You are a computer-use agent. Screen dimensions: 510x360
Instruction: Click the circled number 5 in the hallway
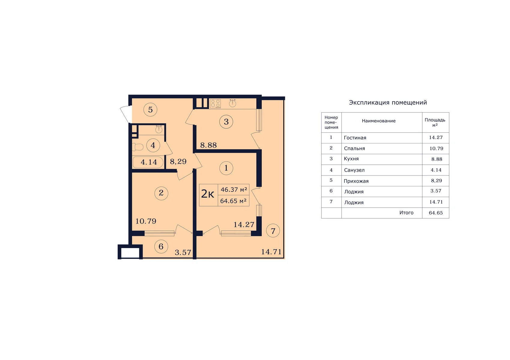[150, 110]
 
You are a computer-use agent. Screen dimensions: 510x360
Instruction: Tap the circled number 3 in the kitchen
[226, 121]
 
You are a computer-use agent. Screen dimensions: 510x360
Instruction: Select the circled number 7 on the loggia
[273, 231]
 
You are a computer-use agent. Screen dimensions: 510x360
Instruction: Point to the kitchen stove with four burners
[215, 103]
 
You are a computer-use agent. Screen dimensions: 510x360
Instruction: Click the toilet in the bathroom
[137, 147]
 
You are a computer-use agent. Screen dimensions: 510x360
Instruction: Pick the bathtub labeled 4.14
[148, 162]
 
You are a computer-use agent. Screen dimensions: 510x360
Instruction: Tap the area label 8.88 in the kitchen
[208, 145]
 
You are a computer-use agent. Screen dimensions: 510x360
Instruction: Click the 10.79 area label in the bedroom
[146, 221]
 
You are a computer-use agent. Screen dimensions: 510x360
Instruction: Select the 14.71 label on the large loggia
[271, 252]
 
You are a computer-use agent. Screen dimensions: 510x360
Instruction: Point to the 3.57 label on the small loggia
[183, 252]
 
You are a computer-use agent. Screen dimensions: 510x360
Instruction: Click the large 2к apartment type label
[208, 194]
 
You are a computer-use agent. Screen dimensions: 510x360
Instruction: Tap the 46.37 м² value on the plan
[234, 190]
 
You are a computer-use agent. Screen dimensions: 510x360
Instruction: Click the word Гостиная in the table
[355, 138]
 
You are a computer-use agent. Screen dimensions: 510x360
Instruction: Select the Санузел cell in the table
[354, 170]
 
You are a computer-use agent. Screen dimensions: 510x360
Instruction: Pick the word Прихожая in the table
[356, 181]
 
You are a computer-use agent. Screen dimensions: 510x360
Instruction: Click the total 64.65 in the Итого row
[436, 213]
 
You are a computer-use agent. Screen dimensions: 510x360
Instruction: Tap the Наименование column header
[379, 121]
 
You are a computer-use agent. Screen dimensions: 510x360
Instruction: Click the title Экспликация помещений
[388, 102]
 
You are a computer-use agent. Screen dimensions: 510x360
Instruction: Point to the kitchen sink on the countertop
[232, 103]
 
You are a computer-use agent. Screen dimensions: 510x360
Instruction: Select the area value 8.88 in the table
[437, 159]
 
